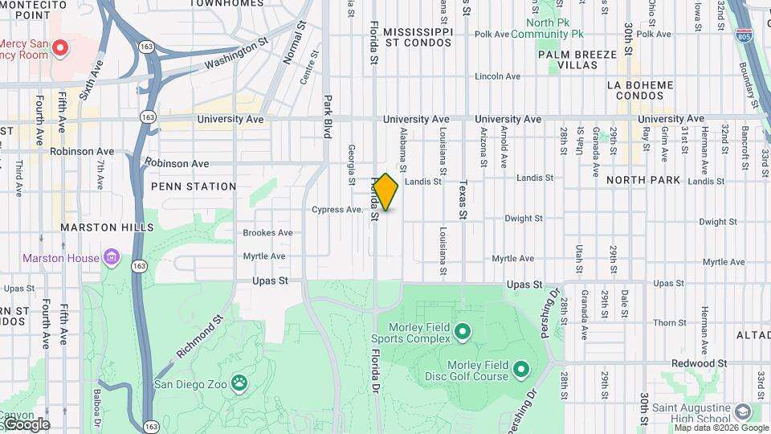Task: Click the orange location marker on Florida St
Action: pyautogui.click(x=385, y=192)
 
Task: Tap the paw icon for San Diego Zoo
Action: pyautogui.click(x=239, y=383)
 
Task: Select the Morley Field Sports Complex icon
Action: pyautogui.click(x=462, y=331)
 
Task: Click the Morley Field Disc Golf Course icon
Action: pyautogui.click(x=520, y=370)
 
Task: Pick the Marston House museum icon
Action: pyautogui.click(x=112, y=258)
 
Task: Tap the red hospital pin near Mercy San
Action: pyautogui.click(x=59, y=48)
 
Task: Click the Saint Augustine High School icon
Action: pyautogui.click(x=742, y=411)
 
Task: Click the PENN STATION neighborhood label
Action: pyautogui.click(x=194, y=186)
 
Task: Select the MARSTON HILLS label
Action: pyautogui.click(x=107, y=227)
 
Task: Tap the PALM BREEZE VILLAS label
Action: pyautogui.click(x=577, y=59)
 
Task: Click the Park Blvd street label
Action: pyautogui.click(x=328, y=117)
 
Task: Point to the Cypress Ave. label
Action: pyautogui.click(x=337, y=210)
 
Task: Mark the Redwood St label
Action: pyautogui.click(x=699, y=363)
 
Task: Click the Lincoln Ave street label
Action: pyautogui.click(x=498, y=76)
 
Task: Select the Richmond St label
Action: pyautogui.click(x=198, y=338)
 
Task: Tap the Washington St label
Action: pyautogui.click(x=235, y=55)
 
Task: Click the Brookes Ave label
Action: pyautogui.click(x=267, y=233)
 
